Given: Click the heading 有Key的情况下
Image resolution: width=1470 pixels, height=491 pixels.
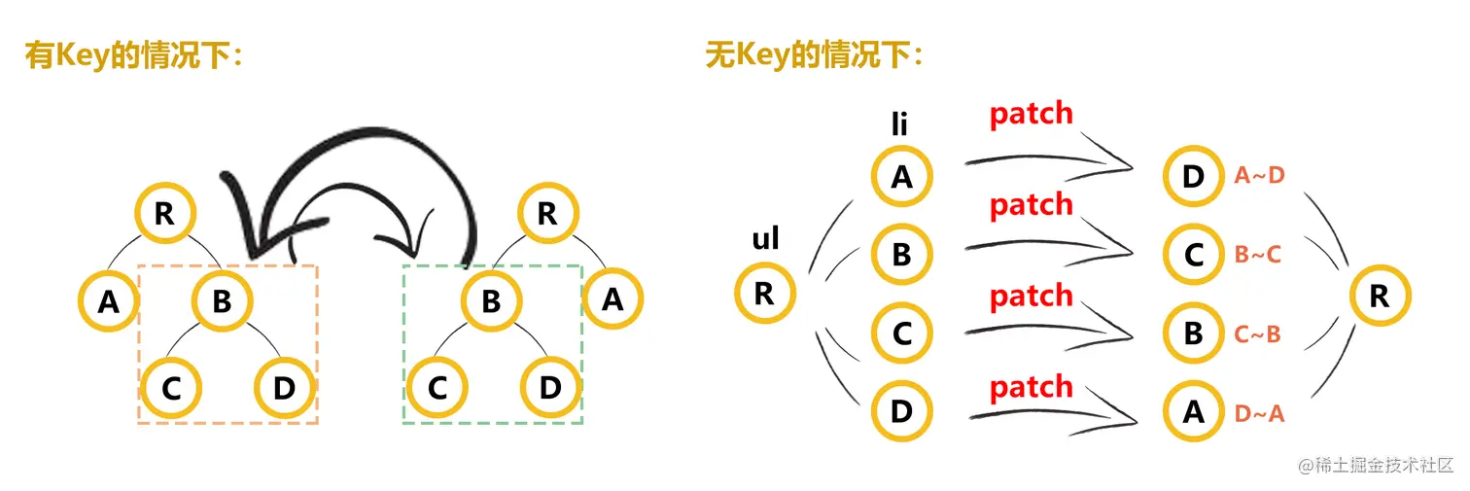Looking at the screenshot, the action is coord(132,55).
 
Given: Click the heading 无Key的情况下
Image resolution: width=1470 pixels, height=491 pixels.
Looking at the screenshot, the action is coord(814,55).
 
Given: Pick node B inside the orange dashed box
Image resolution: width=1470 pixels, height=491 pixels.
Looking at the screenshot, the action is coord(223,300).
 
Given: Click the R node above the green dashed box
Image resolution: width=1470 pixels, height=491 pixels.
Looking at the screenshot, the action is coord(547,214).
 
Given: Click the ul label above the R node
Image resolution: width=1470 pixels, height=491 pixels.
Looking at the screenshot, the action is coord(765,238).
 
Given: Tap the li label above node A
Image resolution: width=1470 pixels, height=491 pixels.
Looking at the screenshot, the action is coord(900,124).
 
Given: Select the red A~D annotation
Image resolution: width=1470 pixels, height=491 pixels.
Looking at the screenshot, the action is coord(1259,175).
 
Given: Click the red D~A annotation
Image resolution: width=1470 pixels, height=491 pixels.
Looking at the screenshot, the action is coord(1259,413).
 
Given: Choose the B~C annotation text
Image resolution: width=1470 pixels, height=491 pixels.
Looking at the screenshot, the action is coord(1258,255).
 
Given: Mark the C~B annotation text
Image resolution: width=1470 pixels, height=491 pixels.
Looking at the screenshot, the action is coord(1258,334).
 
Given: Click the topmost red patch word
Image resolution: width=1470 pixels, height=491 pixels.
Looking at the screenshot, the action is coord(1031,115).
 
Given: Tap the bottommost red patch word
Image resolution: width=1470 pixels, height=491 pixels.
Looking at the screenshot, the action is coord(1031,388).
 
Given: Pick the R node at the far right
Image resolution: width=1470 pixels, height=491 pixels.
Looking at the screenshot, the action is coord(1379,296).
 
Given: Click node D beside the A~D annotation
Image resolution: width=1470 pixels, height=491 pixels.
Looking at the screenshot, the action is coord(1193,176).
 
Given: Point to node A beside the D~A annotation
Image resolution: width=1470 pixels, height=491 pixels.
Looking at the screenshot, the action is coord(1193,412).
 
